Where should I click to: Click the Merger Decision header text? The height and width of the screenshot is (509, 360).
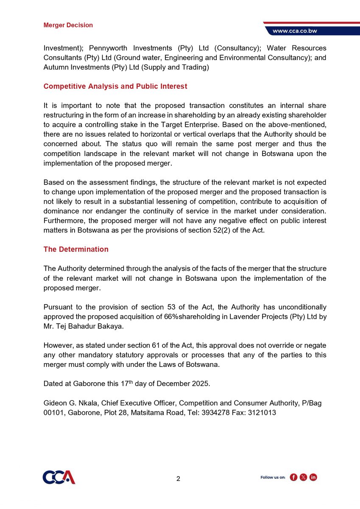tap(68, 25)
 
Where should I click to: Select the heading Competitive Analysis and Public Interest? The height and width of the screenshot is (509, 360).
tap(115, 87)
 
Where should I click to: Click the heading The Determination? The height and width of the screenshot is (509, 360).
tap(76, 249)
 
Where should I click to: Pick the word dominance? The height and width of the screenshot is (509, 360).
tap(61, 211)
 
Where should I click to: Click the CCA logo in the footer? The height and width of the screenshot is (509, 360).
tap(59, 477)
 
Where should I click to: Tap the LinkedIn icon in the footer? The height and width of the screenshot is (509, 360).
tap(313, 478)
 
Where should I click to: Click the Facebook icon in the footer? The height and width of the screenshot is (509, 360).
tap(293, 478)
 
